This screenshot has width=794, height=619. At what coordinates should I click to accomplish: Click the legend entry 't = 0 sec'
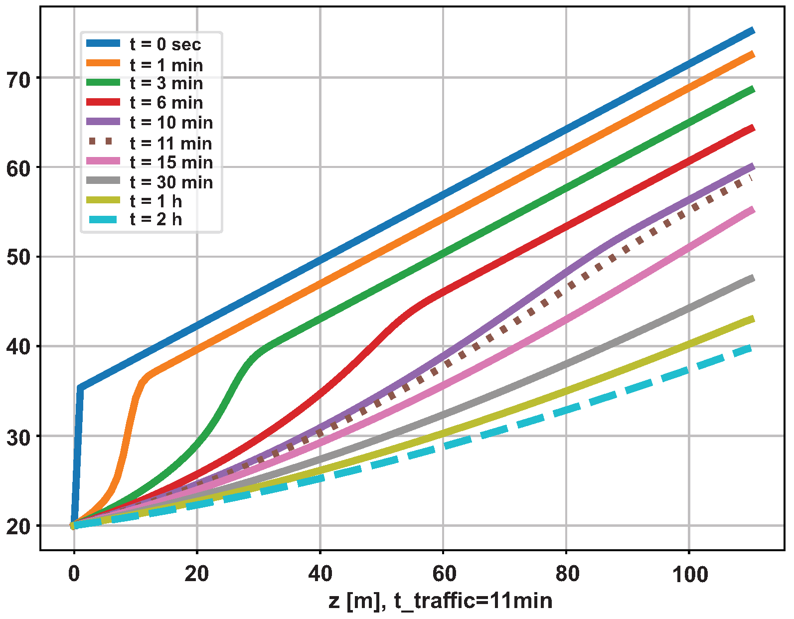(165, 44)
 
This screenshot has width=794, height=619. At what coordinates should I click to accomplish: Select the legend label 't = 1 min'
(166, 65)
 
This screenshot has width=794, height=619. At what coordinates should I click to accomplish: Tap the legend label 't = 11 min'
(170, 144)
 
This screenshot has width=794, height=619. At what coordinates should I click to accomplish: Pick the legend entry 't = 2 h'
(156, 219)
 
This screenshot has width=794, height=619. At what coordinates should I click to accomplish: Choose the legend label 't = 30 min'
(171, 182)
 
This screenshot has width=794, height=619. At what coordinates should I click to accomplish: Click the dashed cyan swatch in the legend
(103, 220)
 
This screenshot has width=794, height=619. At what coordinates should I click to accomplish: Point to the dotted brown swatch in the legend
(103, 142)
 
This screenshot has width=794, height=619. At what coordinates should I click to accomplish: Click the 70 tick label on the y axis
(18, 79)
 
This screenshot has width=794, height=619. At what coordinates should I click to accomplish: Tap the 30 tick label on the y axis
(18, 437)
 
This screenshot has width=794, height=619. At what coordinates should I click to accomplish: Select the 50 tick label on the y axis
(18, 258)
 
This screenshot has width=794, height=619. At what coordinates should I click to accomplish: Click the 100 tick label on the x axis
(690, 575)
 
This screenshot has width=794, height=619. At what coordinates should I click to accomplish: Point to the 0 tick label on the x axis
(74, 575)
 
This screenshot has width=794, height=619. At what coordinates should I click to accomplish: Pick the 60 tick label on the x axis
(444, 575)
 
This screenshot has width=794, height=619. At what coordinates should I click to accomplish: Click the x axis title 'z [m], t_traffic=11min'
(441, 601)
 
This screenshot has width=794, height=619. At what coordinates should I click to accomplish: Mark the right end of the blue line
(754, 31)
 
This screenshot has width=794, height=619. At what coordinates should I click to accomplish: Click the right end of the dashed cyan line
(752, 348)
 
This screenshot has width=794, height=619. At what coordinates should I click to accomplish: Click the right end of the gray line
(754, 278)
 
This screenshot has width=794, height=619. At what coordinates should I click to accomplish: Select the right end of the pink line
(754, 210)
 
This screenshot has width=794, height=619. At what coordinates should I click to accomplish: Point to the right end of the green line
(754, 89)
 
